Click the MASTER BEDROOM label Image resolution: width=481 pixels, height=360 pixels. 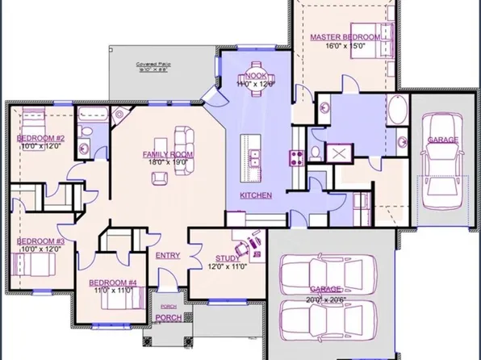(x=344, y=37)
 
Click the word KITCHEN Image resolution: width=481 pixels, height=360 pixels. (x=256, y=195)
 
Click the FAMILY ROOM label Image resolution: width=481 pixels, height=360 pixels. (x=168, y=153)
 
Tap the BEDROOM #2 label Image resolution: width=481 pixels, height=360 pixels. (x=40, y=138)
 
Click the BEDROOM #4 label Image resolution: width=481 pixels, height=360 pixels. (x=112, y=282)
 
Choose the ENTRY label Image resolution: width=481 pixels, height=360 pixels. (x=167, y=256)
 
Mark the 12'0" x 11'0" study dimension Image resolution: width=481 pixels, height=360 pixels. (x=228, y=266)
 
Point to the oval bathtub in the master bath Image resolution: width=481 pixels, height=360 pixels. (x=398, y=110)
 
